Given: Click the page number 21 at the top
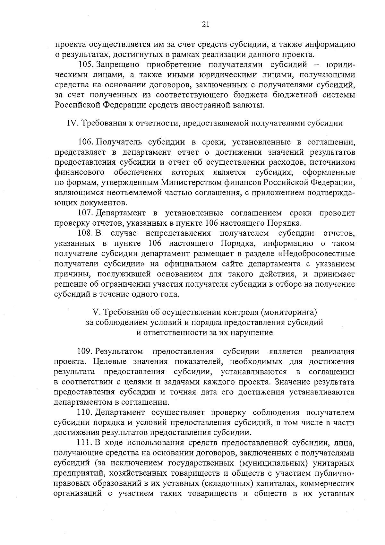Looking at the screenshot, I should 206,24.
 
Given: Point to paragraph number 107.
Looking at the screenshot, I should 86,213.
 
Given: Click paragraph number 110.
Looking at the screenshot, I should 86,412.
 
